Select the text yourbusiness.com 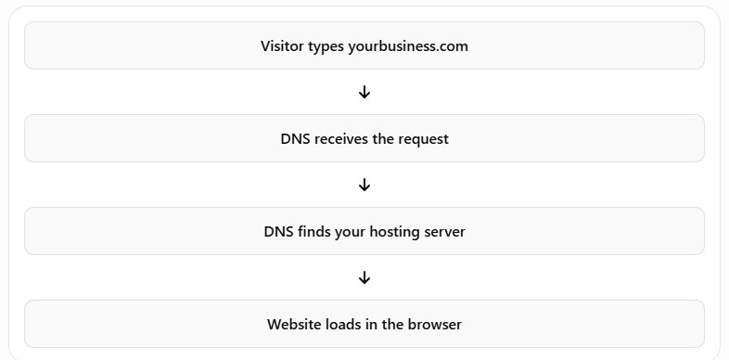click(x=408, y=46)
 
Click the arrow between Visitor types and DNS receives click(x=364, y=92)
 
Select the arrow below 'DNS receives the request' click(x=364, y=186)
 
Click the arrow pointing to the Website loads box click(x=364, y=277)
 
